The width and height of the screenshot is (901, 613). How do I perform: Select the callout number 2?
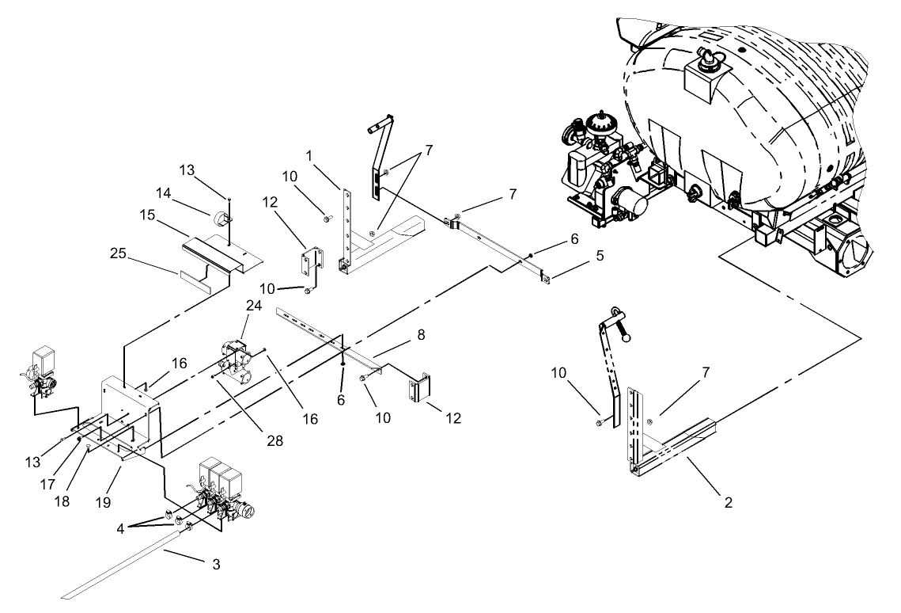(x=729, y=502)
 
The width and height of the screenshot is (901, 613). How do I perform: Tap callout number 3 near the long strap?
(x=216, y=565)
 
